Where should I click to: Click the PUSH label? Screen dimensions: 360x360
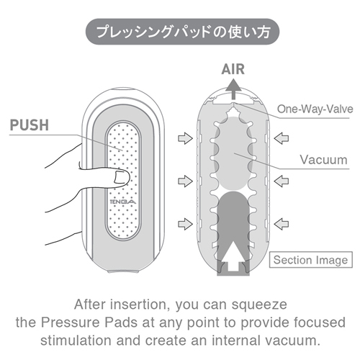[30, 125]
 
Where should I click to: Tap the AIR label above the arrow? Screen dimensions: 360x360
[233, 69]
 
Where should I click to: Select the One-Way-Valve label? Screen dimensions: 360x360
[315, 109]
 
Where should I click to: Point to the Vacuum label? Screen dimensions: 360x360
[323, 160]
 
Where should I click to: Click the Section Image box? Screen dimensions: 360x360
[311, 260]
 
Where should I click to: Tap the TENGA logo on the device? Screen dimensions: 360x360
[122, 202]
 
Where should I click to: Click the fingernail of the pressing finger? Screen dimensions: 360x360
[122, 178]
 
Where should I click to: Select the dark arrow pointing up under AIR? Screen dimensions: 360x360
[233, 89]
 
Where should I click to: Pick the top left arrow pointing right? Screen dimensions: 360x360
[185, 138]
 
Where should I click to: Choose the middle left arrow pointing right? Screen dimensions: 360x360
[185, 181]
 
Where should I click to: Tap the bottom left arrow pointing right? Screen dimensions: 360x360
[185, 224]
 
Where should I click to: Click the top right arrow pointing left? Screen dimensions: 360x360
[282, 138]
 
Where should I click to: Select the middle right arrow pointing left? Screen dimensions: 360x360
[282, 181]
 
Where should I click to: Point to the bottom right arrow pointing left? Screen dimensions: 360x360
[282, 224]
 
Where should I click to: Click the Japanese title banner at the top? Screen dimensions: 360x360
[183, 32]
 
